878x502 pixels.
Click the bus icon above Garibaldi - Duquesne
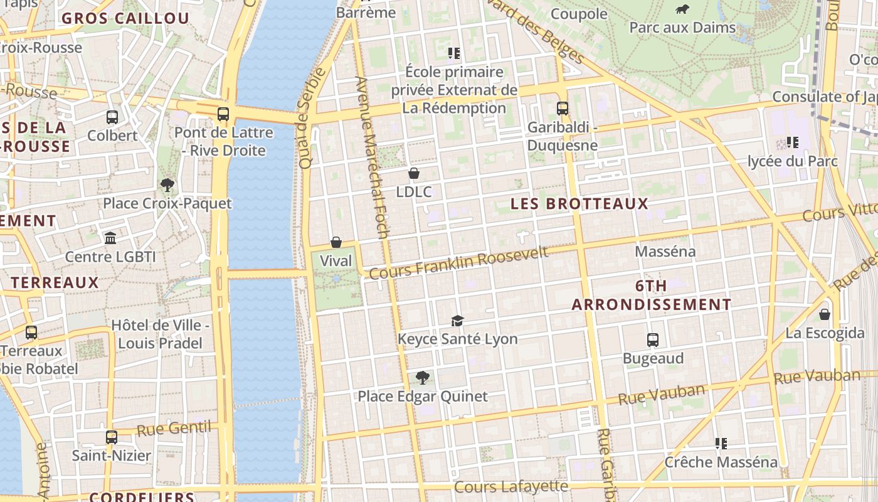pyautogui.click(x=562, y=108)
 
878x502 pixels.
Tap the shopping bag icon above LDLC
pyautogui.click(x=413, y=173)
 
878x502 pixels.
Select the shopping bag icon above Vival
pyautogui.click(x=336, y=242)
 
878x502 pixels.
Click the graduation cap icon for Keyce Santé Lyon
pyautogui.click(x=457, y=321)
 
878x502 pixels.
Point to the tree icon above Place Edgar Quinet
pyautogui.click(x=422, y=377)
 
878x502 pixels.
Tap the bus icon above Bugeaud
pyautogui.click(x=653, y=340)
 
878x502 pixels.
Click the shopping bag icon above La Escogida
pyautogui.click(x=825, y=314)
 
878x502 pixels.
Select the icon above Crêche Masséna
pyautogui.click(x=721, y=444)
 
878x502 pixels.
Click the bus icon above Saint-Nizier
pyautogui.click(x=111, y=437)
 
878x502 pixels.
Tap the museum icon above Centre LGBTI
pyautogui.click(x=110, y=238)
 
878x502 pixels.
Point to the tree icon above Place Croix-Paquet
pyautogui.click(x=167, y=185)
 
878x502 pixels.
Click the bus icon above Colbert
pyautogui.click(x=112, y=117)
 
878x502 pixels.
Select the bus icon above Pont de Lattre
pyautogui.click(x=223, y=114)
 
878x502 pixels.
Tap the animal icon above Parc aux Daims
pyautogui.click(x=682, y=9)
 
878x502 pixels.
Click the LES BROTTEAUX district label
pyautogui.click(x=579, y=203)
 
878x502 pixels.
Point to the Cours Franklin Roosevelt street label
pyautogui.click(x=458, y=263)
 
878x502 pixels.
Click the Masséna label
pyautogui.click(x=665, y=252)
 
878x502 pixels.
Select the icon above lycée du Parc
pyautogui.click(x=792, y=142)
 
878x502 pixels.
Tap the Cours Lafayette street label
pyautogui.click(x=511, y=486)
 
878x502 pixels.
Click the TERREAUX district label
pyautogui.click(x=55, y=282)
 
